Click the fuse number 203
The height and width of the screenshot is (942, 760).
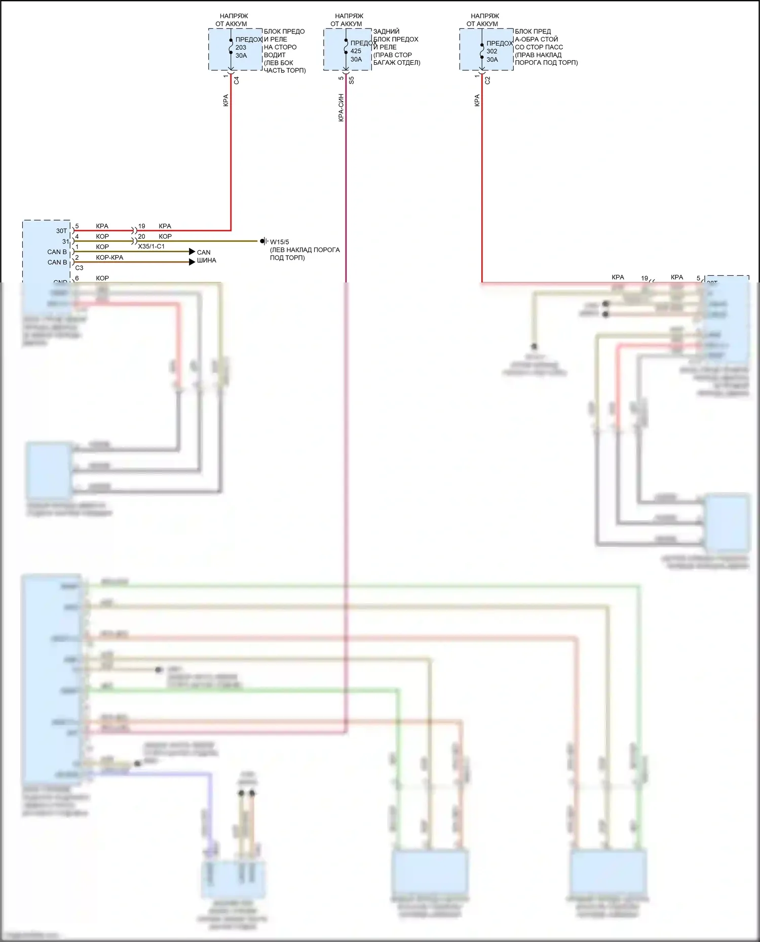(x=241, y=48)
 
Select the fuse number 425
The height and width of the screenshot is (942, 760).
(x=356, y=51)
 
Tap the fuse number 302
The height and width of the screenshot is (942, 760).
(x=491, y=51)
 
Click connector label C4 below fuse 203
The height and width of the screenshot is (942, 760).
(x=237, y=80)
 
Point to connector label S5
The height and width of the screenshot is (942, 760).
(x=352, y=80)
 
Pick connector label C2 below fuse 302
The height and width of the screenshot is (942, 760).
(x=487, y=80)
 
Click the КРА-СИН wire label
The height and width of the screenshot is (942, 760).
(x=341, y=107)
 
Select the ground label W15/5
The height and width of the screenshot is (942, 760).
(x=280, y=242)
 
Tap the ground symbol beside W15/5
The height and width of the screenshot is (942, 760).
(x=263, y=241)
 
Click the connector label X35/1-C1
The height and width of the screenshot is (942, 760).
(x=151, y=247)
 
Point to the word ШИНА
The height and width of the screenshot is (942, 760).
(x=206, y=260)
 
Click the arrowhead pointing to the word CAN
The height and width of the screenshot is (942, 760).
(x=192, y=252)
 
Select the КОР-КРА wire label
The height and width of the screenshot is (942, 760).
(x=109, y=257)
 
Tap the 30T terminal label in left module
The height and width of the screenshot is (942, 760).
(x=61, y=231)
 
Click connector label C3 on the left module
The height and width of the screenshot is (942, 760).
(x=79, y=268)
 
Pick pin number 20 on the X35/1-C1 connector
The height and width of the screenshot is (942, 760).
(x=141, y=236)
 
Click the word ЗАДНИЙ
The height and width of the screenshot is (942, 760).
(x=386, y=31)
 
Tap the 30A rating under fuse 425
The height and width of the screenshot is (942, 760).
(x=356, y=59)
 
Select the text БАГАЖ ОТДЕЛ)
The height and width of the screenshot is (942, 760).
(x=397, y=63)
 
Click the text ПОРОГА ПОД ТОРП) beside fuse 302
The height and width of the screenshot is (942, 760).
(x=546, y=63)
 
